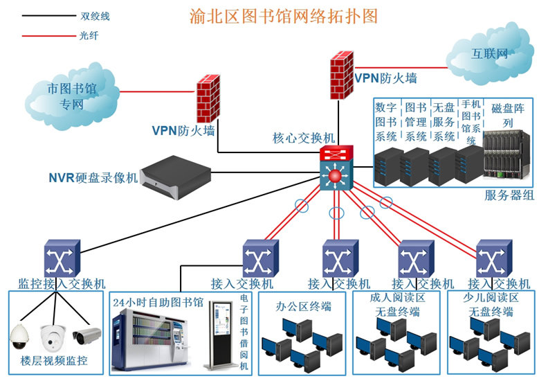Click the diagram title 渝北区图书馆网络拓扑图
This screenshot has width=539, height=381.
pos(284,17)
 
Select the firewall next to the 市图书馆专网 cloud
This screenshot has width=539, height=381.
pos(208,98)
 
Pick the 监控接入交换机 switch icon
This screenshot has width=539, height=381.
pos(62,258)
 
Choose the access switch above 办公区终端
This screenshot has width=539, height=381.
pos(340,258)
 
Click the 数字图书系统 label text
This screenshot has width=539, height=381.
pos(386,122)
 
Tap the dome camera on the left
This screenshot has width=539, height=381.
pos(21,336)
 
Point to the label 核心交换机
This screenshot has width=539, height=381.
pos(303,139)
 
